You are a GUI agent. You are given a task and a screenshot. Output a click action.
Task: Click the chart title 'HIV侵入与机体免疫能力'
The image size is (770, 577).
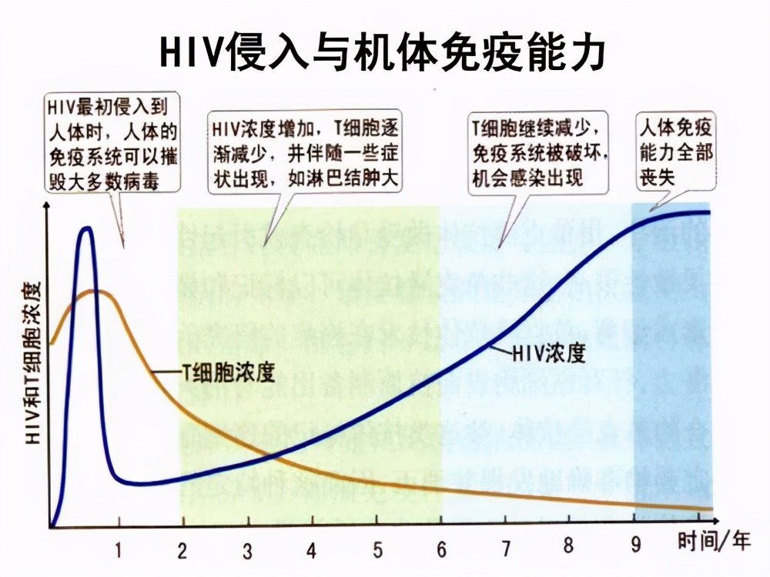383,52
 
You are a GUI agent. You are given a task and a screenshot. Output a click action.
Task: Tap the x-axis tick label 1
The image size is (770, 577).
119,550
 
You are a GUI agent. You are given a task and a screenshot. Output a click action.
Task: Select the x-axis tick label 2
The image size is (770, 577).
182,550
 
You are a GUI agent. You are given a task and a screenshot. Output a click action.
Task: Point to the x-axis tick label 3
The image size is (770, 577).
247,551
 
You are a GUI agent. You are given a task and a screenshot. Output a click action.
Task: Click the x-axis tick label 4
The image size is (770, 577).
311,551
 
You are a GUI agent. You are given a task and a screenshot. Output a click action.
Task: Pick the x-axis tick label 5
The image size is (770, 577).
377,551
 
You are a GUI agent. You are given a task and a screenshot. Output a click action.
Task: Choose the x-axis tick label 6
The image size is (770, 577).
441,550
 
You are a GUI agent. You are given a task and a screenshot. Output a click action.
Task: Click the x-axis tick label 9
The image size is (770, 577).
635,545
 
